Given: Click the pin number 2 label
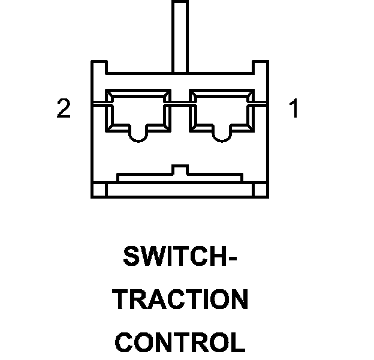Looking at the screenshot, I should [64, 110].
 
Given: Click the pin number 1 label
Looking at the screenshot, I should [294, 110].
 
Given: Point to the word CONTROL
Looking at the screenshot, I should [180, 342].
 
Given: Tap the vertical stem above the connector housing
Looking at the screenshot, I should [180, 33].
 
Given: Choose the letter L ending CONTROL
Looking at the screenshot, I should [239, 342].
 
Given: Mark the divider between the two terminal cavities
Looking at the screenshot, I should [180, 111].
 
